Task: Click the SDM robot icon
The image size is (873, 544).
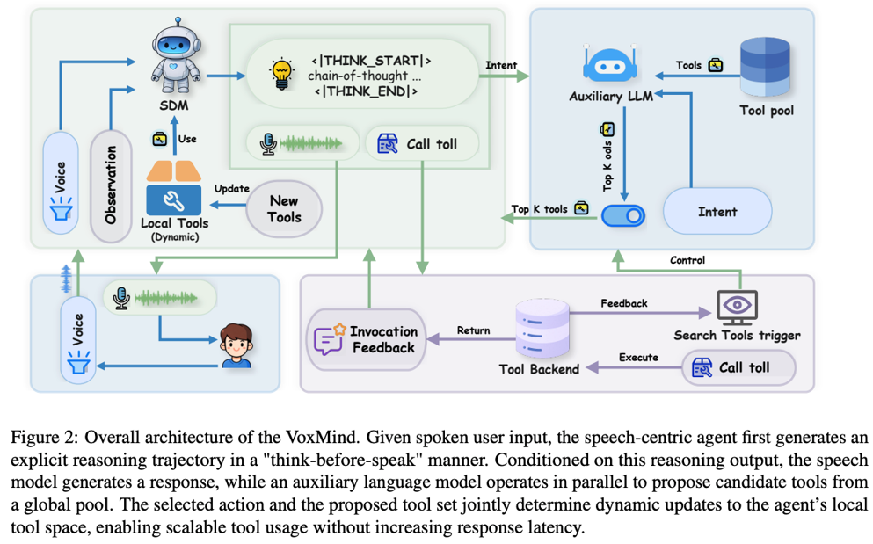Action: click(x=176, y=54)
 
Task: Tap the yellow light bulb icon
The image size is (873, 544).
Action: click(x=281, y=74)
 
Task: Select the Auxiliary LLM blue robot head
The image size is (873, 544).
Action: click(x=610, y=64)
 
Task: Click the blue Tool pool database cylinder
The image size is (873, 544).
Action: click(x=765, y=68)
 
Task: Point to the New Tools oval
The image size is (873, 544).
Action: click(x=284, y=209)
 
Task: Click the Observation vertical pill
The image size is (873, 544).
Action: click(x=111, y=185)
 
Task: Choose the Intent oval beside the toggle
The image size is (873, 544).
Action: click(x=717, y=211)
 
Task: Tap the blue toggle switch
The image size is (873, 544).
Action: click(x=623, y=215)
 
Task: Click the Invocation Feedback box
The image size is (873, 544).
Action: click(x=367, y=339)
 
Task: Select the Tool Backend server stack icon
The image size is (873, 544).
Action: click(x=542, y=328)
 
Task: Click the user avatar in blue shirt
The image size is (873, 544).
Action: click(x=236, y=346)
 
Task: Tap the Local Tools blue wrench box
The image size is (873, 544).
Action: click(x=174, y=199)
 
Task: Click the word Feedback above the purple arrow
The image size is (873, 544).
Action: click(x=623, y=303)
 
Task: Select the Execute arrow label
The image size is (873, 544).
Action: click(x=638, y=358)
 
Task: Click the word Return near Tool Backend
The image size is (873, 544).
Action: click(x=473, y=330)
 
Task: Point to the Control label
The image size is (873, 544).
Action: click(x=687, y=260)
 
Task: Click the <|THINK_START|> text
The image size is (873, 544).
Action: click(x=371, y=60)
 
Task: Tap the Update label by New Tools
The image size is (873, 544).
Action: click(x=231, y=189)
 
